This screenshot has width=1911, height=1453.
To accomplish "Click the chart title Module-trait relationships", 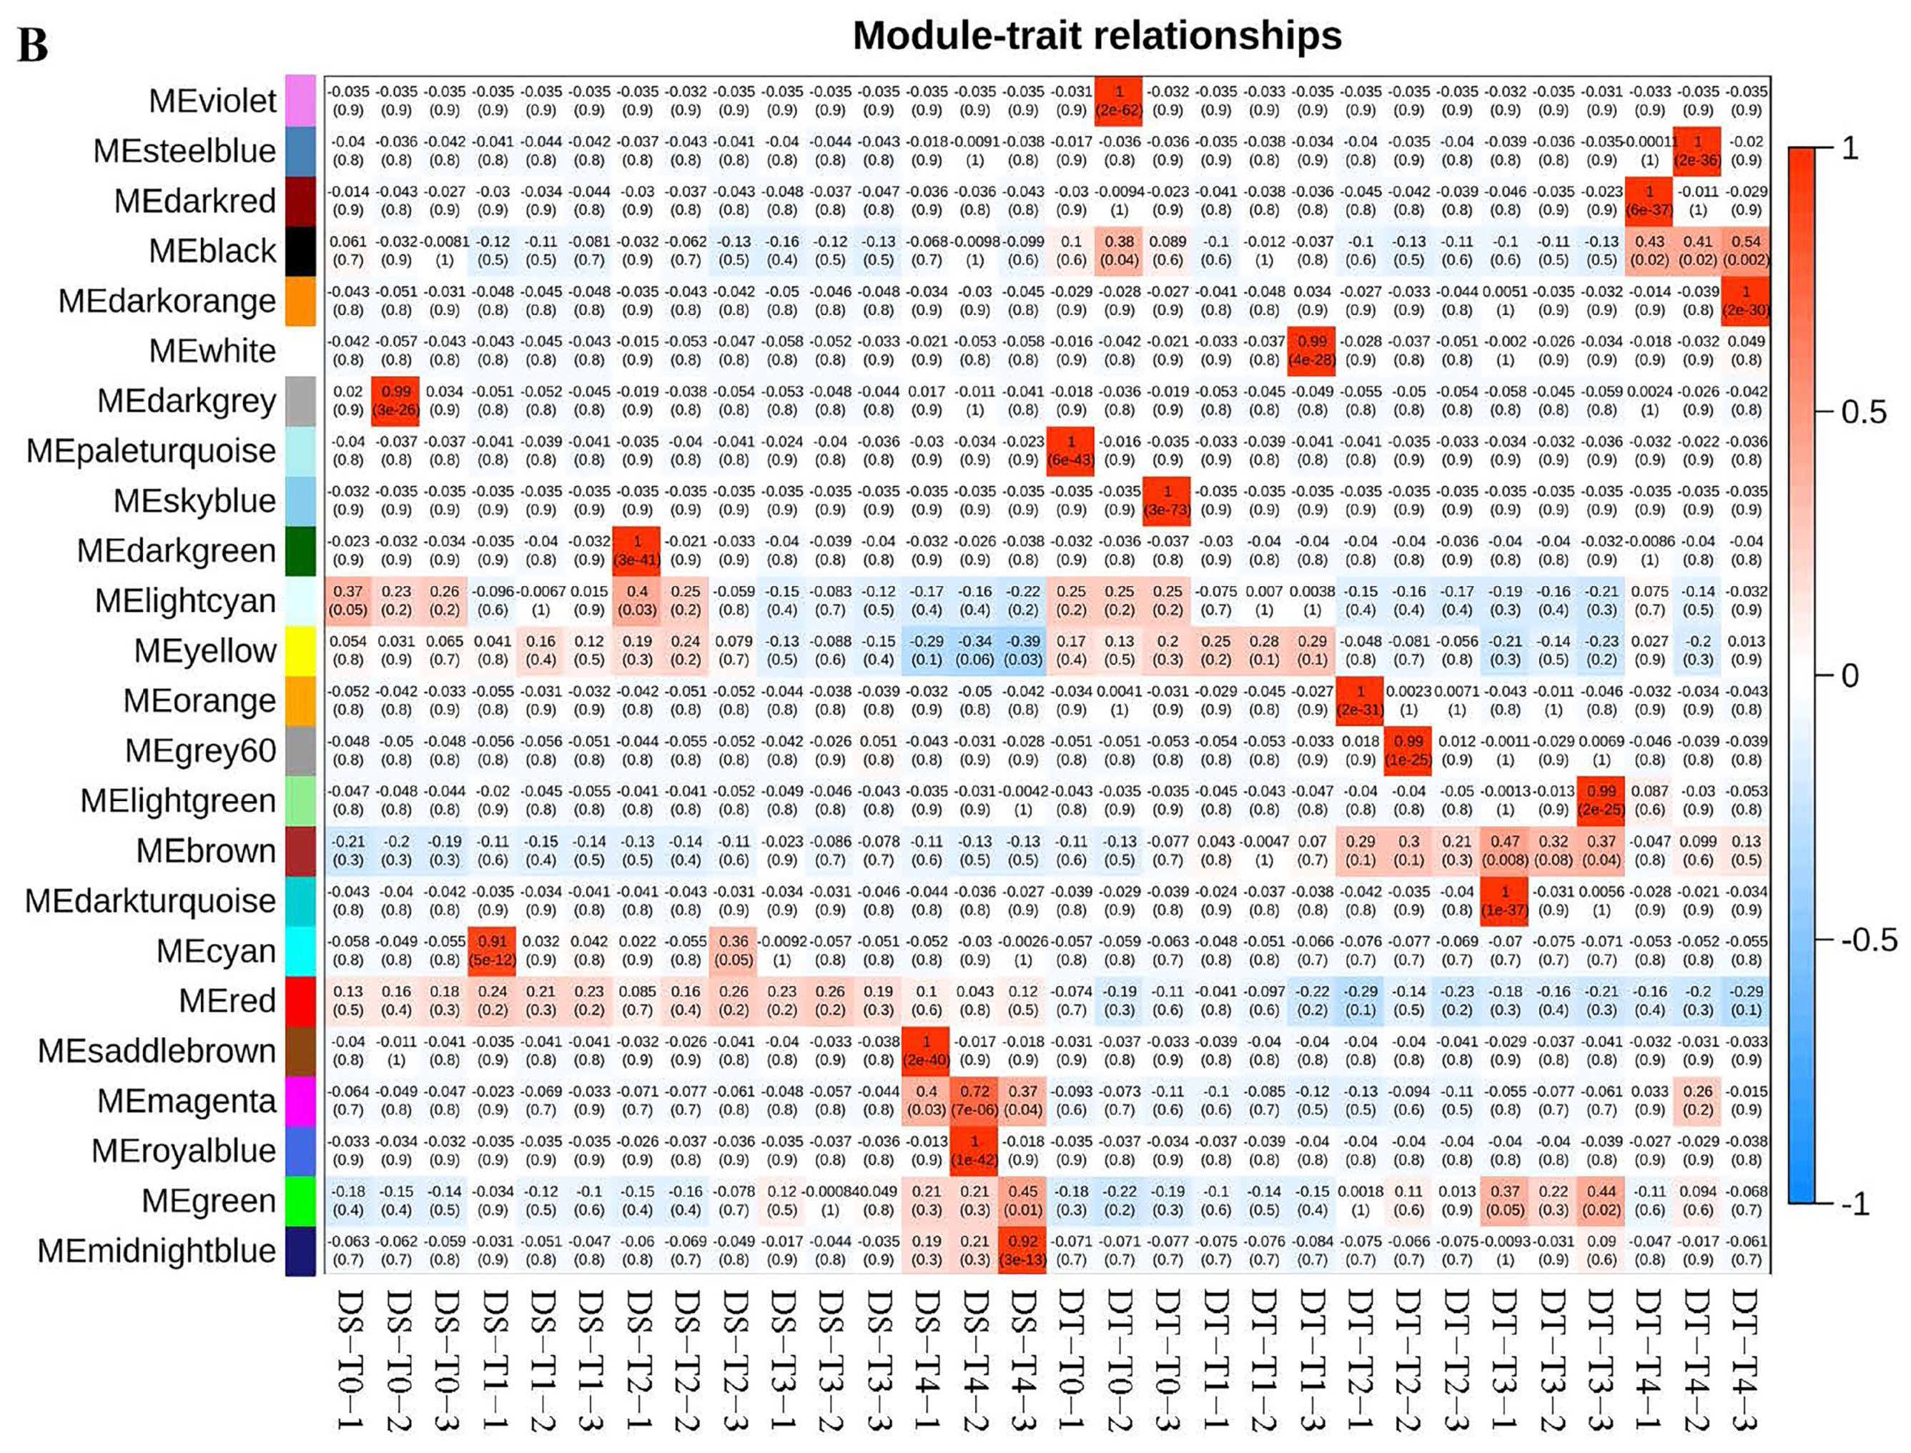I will click(x=1096, y=36).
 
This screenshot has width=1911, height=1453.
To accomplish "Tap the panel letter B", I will click(x=33, y=45).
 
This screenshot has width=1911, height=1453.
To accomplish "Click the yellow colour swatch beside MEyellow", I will click(x=300, y=650).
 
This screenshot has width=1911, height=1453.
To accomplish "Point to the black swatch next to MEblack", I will click(x=300, y=251).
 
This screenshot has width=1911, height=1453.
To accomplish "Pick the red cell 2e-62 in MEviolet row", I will click(x=1119, y=100).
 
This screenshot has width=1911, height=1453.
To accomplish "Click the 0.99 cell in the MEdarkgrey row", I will click(x=396, y=400).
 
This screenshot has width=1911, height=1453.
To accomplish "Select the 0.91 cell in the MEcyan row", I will click(x=493, y=950).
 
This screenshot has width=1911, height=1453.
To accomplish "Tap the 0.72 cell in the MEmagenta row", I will click(x=974, y=1100).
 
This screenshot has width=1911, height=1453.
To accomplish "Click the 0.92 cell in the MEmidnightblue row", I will click(x=1022, y=1250).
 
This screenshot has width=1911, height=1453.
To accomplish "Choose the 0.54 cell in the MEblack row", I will click(x=1745, y=251).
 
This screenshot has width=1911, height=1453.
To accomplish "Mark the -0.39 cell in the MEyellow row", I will click(x=1022, y=650).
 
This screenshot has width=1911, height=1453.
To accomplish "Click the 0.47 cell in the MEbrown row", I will click(x=1504, y=851).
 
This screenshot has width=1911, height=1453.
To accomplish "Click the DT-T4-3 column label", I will click(x=1745, y=1358).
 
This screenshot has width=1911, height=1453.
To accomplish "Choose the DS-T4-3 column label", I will click(x=1022, y=1358).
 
